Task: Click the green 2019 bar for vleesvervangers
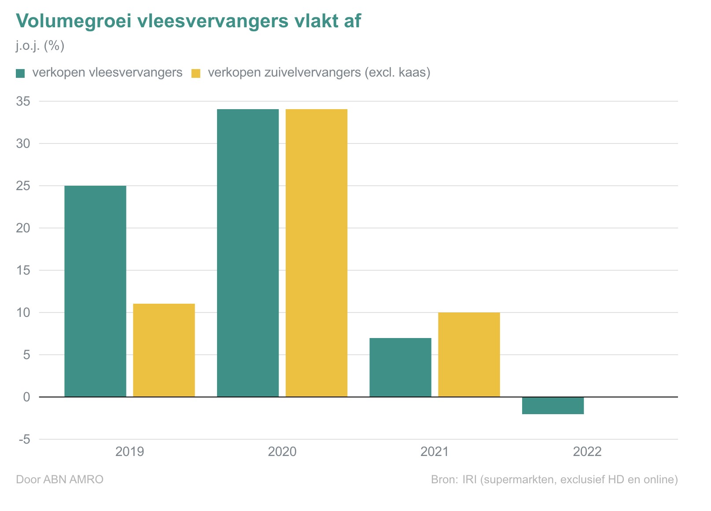click(95, 291)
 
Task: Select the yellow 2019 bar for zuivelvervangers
click(164, 350)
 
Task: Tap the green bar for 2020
click(248, 253)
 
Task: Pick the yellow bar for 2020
click(317, 253)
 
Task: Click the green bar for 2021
click(400, 367)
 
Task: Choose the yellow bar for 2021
click(469, 354)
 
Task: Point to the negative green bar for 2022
click(553, 405)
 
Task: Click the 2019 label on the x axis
click(129, 452)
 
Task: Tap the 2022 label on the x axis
click(587, 452)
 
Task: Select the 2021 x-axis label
click(435, 452)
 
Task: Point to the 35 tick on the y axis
click(23, 101)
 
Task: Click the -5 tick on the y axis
click(24, 439)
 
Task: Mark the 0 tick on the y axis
click(26, 397)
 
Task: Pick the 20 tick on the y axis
click(23, 228)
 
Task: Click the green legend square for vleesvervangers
click(20, 73)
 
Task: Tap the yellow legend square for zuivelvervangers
click(195, 73)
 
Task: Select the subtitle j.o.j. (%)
click(40, 46)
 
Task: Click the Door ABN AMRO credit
click(59, 479)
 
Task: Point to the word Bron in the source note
click(444, 479)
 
